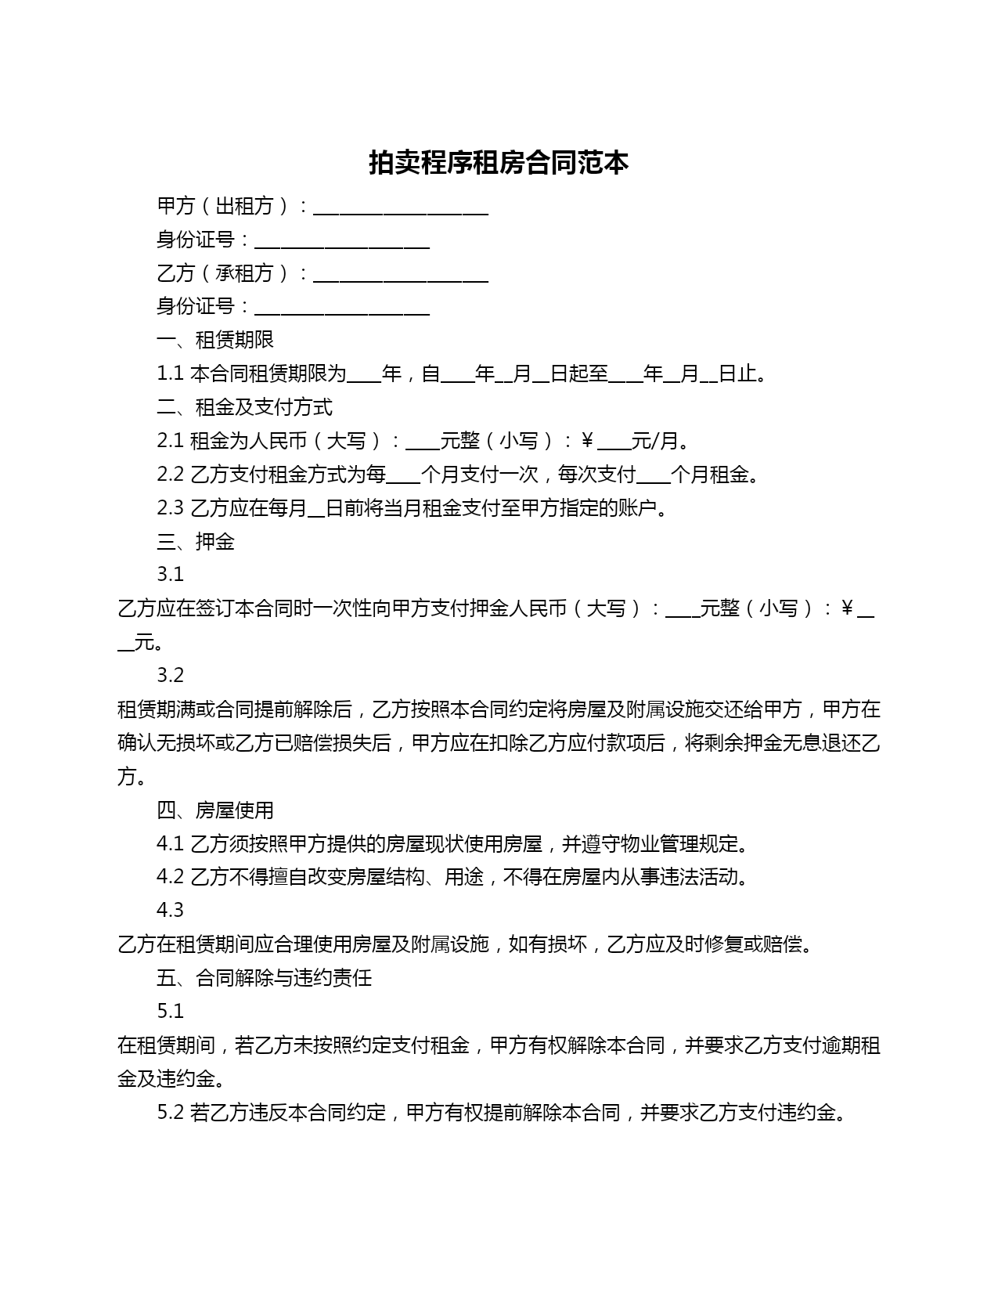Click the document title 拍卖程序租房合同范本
(499, 163)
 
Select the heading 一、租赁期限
(215, 340)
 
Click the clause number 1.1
(170, 374)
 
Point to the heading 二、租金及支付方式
(244, 407)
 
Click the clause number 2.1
(170, 441)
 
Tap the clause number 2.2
(170, 475)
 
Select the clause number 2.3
(170, 508)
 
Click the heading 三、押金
(196, 541)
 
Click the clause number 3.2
(170, 675)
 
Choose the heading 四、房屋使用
(215, 810)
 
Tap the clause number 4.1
(170, 843)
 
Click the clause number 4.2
(170, 876)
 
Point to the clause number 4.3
(170, 910)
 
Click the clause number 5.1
(170, 1011)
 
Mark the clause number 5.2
(170, 1112)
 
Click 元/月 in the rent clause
(654, 441)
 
